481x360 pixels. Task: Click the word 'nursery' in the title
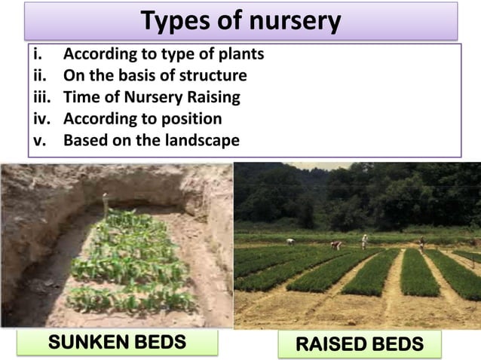pyautogui.click(x=290, y=21)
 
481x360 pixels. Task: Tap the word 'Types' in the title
pyautogui.click(x=176, y=21)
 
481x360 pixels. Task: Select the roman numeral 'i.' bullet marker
pyautogui.click(x=36, y=54)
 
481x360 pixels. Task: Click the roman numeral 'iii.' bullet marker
pyautogui.click(x=41, y=97)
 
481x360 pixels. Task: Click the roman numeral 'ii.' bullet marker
pyautogui.click(x=39, y=75)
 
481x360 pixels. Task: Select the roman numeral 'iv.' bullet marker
pyautogui.click(x=41, y=119)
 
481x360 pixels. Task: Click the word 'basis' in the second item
pyautogui.click(x=149, y=75)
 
